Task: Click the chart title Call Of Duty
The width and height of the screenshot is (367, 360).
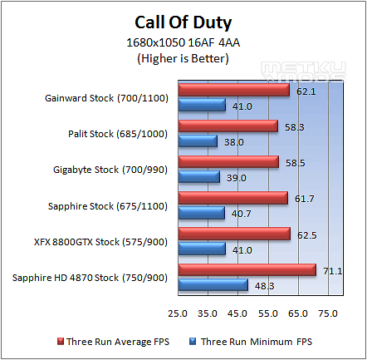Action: (183, 22)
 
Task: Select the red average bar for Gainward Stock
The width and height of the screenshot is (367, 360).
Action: (234, 90)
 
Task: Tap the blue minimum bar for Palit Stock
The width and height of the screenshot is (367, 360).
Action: (198, 141)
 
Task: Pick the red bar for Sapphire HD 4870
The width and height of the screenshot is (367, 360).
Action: (247, 269)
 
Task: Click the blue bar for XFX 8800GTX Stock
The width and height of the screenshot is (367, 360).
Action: (202, 249)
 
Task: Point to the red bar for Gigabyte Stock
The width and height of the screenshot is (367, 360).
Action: (228, 161)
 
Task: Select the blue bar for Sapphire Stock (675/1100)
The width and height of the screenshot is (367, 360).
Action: (202, 213)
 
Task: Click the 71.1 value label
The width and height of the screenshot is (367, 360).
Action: (333, 271)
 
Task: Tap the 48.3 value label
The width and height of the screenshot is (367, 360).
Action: (265, 286)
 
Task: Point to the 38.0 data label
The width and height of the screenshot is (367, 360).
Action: (234, 142)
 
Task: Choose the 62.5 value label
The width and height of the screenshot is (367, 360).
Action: (307, 235)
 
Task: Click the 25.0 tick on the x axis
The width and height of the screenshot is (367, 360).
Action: (178, 313)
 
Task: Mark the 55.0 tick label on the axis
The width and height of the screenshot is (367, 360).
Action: (268, 313)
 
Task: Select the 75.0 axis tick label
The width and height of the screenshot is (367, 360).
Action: (328, 313)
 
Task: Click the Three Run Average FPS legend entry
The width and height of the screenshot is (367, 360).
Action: (113, 342)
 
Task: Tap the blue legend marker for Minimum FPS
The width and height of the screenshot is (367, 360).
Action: (193, 342)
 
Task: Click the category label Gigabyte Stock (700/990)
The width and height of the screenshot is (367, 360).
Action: (110, 170)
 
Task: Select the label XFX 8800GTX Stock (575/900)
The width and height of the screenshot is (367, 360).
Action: (100, 242)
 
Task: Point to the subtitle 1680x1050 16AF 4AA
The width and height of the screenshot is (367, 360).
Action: (183, 42)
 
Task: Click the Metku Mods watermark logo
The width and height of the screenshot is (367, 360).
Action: (303, 72)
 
